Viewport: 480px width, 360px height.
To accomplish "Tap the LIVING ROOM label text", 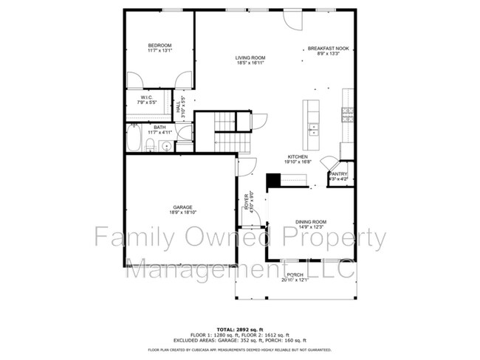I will coord(250,58).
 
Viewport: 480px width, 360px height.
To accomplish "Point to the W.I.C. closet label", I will coord(145,97).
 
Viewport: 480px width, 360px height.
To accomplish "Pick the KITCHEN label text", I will coord(298,157).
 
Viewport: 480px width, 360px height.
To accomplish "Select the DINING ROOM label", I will coord(311,221).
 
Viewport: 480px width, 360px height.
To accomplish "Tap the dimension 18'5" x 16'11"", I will coord(250,63).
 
